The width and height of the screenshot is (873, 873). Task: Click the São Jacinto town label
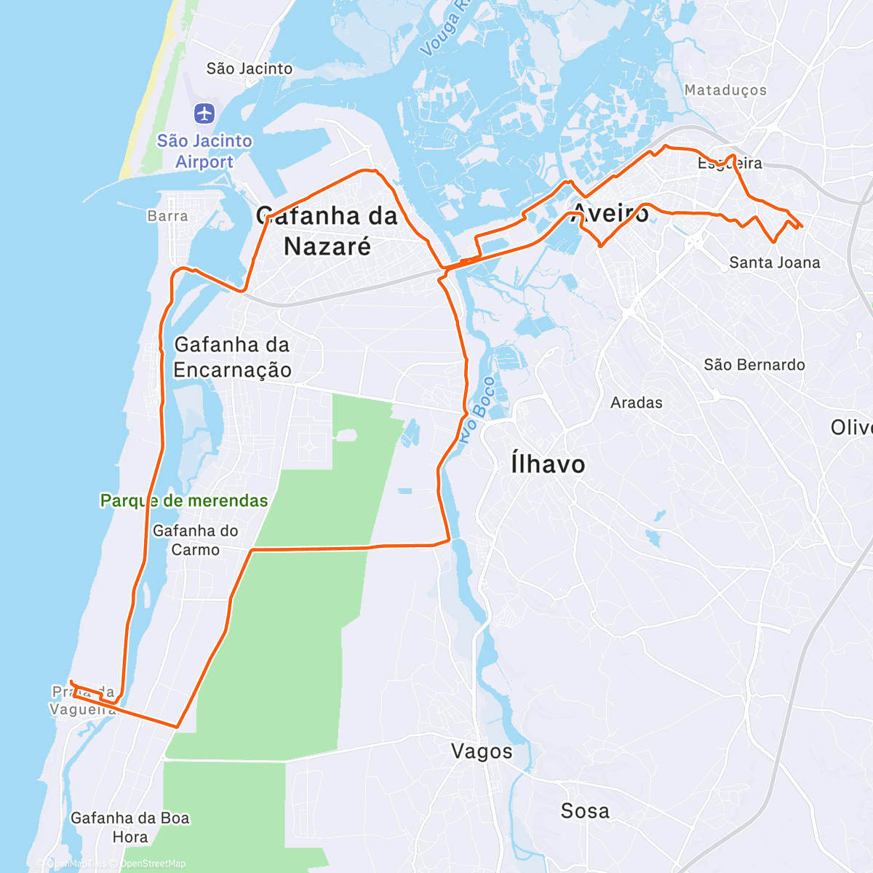pyautogui.click(x=250, y=68)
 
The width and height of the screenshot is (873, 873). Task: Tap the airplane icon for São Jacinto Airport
pyautogui.click(x=204, y=113)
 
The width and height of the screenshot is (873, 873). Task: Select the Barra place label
pyautogui.click(x=167, y=216)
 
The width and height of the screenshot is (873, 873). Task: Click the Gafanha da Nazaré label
pyautogui.click(x=327, y=231)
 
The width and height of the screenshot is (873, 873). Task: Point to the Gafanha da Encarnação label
pyautogui.click(x=232, y=357)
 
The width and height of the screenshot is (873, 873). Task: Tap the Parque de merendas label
pyautogui.click(x=184, y=501)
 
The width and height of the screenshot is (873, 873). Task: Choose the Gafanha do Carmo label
pyautogui.click(x=195, y=540)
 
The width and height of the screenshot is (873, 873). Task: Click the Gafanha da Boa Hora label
pyautogui.click(x=130, y=827)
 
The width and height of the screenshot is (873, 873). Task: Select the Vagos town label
pyautogui.click(x=482, y=752)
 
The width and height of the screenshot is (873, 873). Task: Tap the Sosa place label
pyautogui.click(x=585, y=811)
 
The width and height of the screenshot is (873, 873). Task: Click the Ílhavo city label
pyautogui.click(x=548, y=464)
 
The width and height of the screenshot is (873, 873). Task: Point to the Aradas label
pyautogui.click(x=637, y=402)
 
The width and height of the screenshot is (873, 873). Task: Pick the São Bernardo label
pyautogui.click(x=754, y=364)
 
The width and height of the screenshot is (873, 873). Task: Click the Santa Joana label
pyautogui.click(x=775, y=263)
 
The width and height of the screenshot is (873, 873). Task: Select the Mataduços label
pyautogui.click(x=725, y=90)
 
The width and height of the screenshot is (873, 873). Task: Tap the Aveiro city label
pyautogui.click(x=610, y=213)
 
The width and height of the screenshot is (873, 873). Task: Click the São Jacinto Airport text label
pyautogui.click(x=204, y=151)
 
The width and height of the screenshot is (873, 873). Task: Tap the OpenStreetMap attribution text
pyautogui.click(x=153, y=864)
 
